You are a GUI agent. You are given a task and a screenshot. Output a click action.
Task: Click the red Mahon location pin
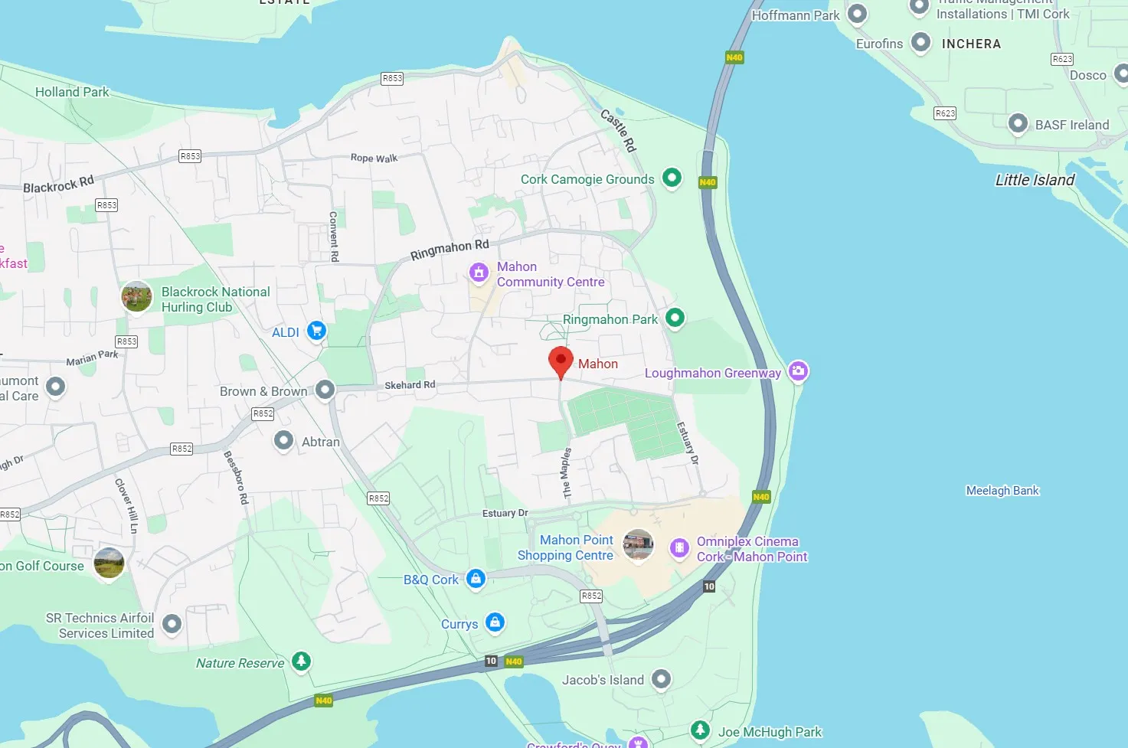(x=561, y=360)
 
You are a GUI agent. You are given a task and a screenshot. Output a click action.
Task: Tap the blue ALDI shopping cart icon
(x=316, y=331)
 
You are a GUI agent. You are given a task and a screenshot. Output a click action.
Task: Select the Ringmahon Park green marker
(x=675, y=317)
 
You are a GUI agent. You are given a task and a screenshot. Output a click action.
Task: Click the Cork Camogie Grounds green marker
(x=672, y=178)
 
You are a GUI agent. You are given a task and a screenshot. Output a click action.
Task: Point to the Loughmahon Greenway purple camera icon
(x=798, y=371)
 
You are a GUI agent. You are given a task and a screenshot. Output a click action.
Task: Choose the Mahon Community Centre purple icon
(x=479, y=272)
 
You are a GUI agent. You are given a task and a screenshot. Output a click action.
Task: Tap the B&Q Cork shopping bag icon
(x=476, y=578)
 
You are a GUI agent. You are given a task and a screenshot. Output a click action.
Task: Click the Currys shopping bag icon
(x=495, y=622)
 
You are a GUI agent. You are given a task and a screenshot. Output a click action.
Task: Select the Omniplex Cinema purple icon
(x=679, y=547)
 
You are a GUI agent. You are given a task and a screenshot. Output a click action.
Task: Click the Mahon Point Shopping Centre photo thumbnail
(x=638, y=545)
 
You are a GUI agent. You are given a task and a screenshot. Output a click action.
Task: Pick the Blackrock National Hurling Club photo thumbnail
(x=136, y=296)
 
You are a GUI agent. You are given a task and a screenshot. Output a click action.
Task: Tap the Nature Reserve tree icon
(x=301, y=661)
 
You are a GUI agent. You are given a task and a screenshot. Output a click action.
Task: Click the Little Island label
(x=1035, y=180)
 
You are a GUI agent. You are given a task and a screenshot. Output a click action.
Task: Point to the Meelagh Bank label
(x=1002, y=491)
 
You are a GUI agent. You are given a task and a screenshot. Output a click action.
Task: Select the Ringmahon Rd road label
(x=450, y=250)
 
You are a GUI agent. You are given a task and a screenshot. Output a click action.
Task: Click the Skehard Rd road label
(x=410, y=385)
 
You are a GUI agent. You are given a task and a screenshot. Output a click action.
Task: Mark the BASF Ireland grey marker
(x=1018, y=123)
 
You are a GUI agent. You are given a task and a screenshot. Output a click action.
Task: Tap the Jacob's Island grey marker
(x=661, y=678)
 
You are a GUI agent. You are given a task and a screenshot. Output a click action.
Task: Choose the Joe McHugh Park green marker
(x=700, y=730)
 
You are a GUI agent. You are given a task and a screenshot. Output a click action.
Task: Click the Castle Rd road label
(x=618, y=129)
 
